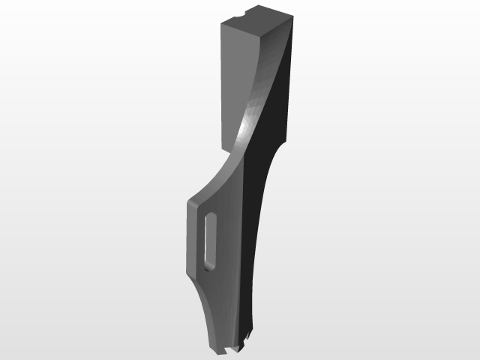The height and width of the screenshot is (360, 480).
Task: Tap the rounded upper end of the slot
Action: click(211, 217)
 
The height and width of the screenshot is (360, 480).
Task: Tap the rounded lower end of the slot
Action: click(209, 265)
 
